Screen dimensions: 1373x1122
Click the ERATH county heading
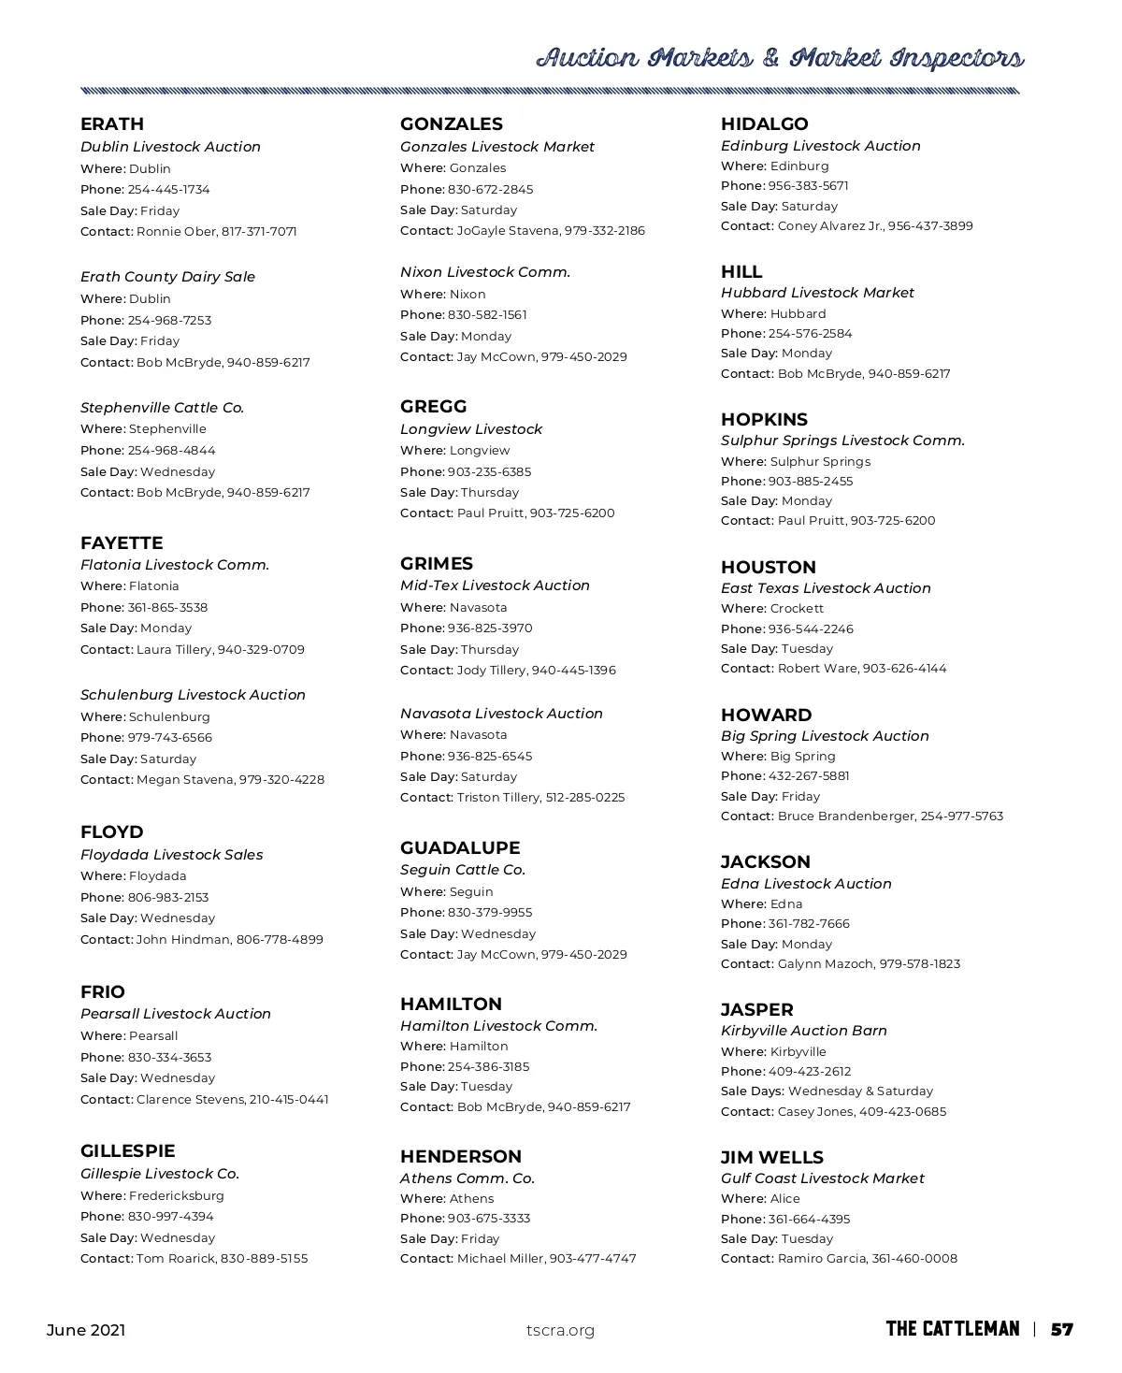(112, 124)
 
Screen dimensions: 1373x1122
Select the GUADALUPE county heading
(460, 848)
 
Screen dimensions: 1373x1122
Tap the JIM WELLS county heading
(772, 1158)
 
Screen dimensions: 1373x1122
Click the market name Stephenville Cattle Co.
(162, 408)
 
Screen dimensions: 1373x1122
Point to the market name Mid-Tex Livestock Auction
(495, 585)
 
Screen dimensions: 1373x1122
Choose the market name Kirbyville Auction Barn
(804, 1031)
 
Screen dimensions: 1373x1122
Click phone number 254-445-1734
(169, 190)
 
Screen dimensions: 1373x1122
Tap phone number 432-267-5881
(809, 776)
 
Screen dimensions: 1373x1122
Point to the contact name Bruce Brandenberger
(845, 817)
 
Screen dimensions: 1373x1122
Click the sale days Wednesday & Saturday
(860, 1091)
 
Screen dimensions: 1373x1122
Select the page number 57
(1061, 1330)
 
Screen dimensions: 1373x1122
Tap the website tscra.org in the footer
(560, 1331)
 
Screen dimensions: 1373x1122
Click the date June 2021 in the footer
(86, 1331)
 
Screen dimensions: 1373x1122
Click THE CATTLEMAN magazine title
(953, 1330)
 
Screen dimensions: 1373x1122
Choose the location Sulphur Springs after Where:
(820, 462)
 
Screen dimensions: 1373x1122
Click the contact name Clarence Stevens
(191, 1100)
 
